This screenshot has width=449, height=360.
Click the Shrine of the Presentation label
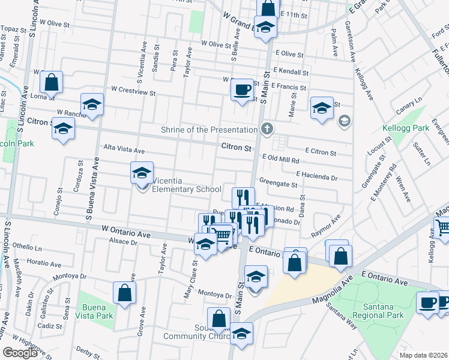pyautogui.click(x=209, y=130)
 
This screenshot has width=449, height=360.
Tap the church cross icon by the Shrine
pyautogui.click(x=267, y=128)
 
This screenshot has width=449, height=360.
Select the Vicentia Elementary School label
pyautogui.click(x=187, y=190)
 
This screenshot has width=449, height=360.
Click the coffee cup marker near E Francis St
pyautogui.click(x=243, y=90)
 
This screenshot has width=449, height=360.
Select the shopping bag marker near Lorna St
pyautogui.click(x=52, y=82)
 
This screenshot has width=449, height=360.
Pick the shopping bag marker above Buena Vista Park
pyautogui.click(x=124, y=293)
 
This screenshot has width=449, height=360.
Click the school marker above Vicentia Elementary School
pyautogui.click(x=142, y=173)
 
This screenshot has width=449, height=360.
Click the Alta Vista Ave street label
pyautogui.click(x=124, y=150)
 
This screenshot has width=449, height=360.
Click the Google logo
pyautogui.click(x=20, y=352)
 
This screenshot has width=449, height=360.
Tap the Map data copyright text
pyautogui.click(x=423, y=355)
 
